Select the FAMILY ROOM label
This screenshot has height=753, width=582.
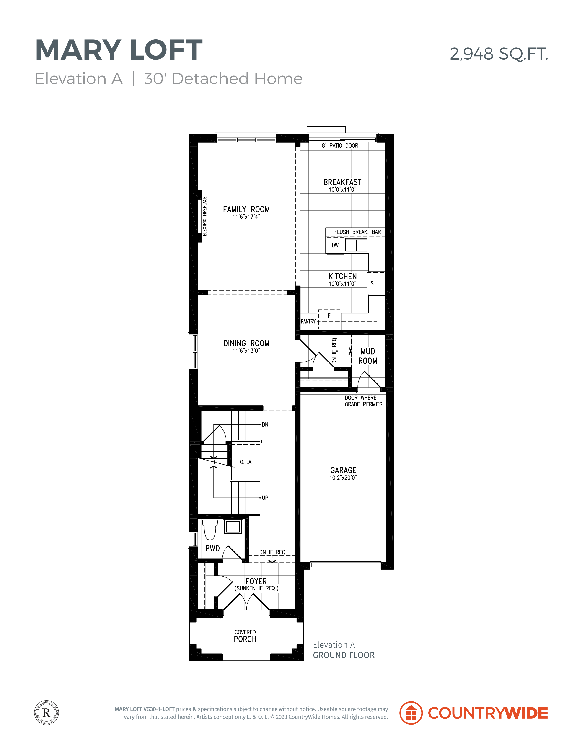(246, 209)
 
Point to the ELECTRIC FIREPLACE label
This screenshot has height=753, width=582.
(204, 216)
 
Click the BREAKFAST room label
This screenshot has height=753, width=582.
(342, 182)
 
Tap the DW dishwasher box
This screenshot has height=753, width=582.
(335, 245)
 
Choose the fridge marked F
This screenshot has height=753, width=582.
(329, 319)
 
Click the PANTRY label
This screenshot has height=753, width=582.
(308, 321)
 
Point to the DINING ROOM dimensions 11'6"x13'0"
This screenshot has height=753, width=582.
(246, 351)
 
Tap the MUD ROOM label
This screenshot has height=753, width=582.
(367, 356)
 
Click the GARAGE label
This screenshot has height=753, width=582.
(343, 470)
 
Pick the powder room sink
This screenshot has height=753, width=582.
(233, 527)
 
